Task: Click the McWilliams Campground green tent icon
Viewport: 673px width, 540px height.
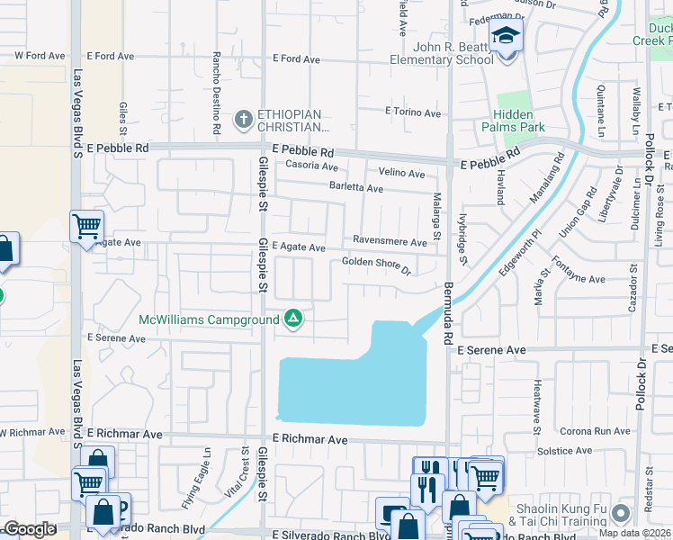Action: coord(292,319)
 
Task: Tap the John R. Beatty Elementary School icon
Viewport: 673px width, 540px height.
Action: coord(506,38)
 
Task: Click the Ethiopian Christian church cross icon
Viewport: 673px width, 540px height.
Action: coord(241,119)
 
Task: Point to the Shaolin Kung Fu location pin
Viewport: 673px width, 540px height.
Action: coord(619,513)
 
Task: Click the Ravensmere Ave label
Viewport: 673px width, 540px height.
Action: coord(390,242)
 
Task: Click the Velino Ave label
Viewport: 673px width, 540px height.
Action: coord(401,173)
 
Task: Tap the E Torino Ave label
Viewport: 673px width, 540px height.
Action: coord(413,113)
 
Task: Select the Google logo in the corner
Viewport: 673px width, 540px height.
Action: coord(30,529)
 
